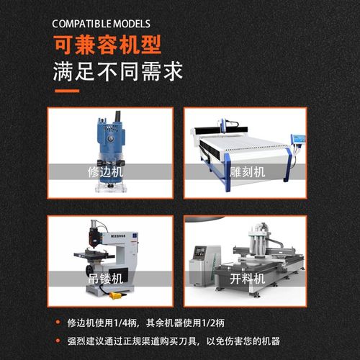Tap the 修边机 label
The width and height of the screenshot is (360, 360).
pyautogui.click(x=105, y=174)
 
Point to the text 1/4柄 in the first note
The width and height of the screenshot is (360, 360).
pyautogui.click(x=135, y=321)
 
